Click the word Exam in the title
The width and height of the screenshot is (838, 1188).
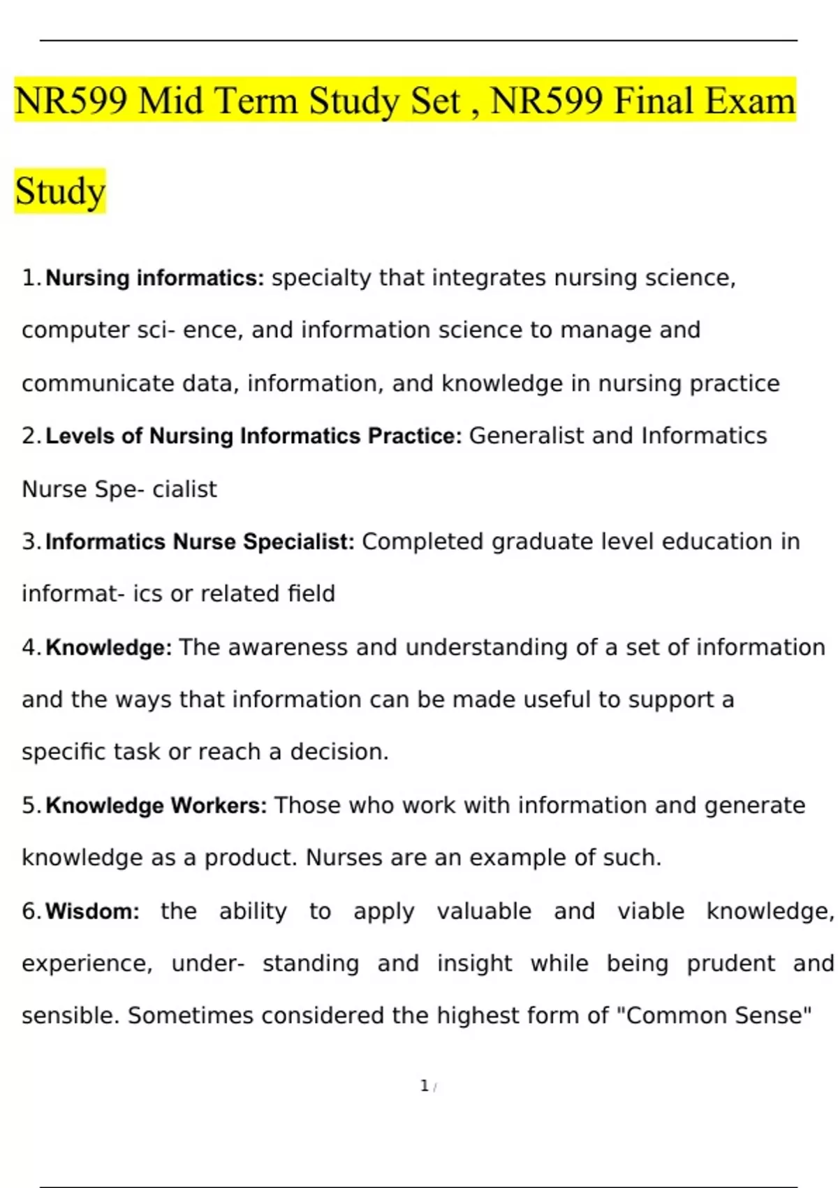click(x=750, y=101)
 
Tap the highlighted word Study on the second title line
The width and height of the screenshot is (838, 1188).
click(x=60, y=191)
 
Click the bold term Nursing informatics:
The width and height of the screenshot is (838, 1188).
click(x=155, y=278)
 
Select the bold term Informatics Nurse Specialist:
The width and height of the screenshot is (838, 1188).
click(x=200, y=542)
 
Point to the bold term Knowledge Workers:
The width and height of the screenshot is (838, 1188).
click(x=156, y=805)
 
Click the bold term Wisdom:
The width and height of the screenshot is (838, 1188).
click(x=93, y=911)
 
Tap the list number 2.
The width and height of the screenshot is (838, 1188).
click(x=31, y=436)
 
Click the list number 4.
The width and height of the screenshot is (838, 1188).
click(x=31, y=647)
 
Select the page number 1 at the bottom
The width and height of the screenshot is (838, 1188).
click(x=424, y=1086)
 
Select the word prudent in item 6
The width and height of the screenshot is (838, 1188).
click(x=730, y=964)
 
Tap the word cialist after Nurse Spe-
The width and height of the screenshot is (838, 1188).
click(x=184, y=489)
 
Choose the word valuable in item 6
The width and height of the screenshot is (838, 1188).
click(x=484, y=911)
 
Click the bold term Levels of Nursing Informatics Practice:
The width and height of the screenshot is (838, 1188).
click(x=253, y=436)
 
